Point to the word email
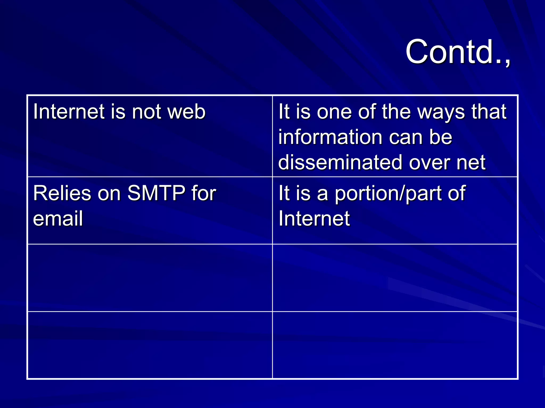(x=58, y=218)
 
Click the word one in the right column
(x=334, y=112)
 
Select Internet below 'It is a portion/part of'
(x=314, y=218)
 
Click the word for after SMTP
(x=204, y=193)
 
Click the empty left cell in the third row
(x=150, y=278)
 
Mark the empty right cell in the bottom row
(x=395, y=345)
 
